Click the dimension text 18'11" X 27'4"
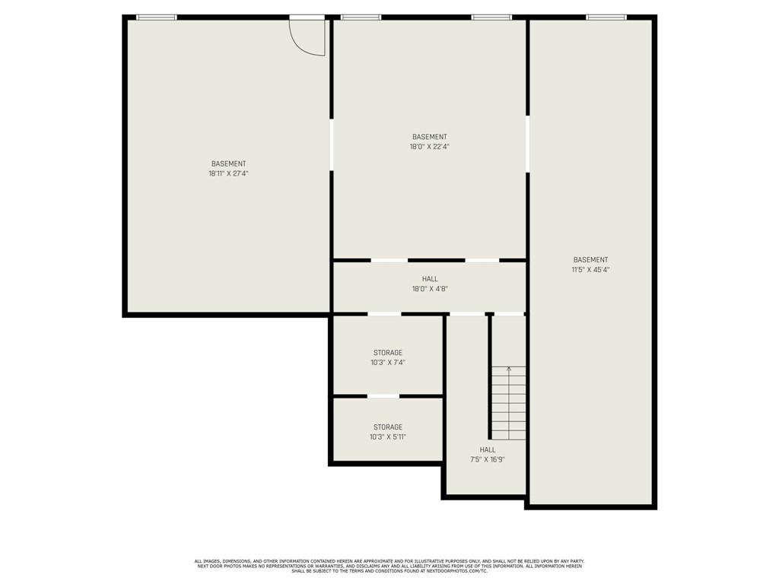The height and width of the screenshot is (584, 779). pyautogui.click(x=228, y=173)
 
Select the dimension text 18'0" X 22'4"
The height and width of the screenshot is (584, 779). pyautogui.click(x=429, y=147)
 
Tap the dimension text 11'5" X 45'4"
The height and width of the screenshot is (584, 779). pyautogui.click(x=590, y=269)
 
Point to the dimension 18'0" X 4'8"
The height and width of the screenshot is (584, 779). pyautogui.click(x=429, y=289)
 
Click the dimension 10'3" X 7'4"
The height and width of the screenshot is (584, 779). pyautogui.click(x=387, y=363)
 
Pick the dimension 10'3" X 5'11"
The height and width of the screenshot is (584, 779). pyautogui.click(x=387, y=437)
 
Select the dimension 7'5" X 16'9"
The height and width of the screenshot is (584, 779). pyautogui.click(x=487, y=459)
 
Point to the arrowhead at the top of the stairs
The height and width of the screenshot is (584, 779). pyautogui.click(x=509, y=370)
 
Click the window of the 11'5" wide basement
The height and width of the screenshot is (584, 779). pyautogui.click(x=606, y=17)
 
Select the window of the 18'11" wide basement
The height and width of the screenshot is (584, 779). pyautogui.click(x=156, y=17)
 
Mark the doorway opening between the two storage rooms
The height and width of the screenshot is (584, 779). pyautogui.click(x=383, y=396)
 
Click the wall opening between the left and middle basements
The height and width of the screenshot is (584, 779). pyautogui.click(x=331, y=144)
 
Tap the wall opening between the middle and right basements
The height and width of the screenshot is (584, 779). pyautogui.click(x=527, y=144)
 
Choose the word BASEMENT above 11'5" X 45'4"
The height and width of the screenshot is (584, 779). pyautogui.click(x=590, y=259)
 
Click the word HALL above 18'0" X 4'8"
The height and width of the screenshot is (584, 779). pyautogui.click(x=429, y=279)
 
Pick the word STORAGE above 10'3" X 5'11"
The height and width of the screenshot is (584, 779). pyautogui.click(x=387, y=427)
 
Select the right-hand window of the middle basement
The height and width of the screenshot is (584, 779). pyautogui.click(x=491, y=17)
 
